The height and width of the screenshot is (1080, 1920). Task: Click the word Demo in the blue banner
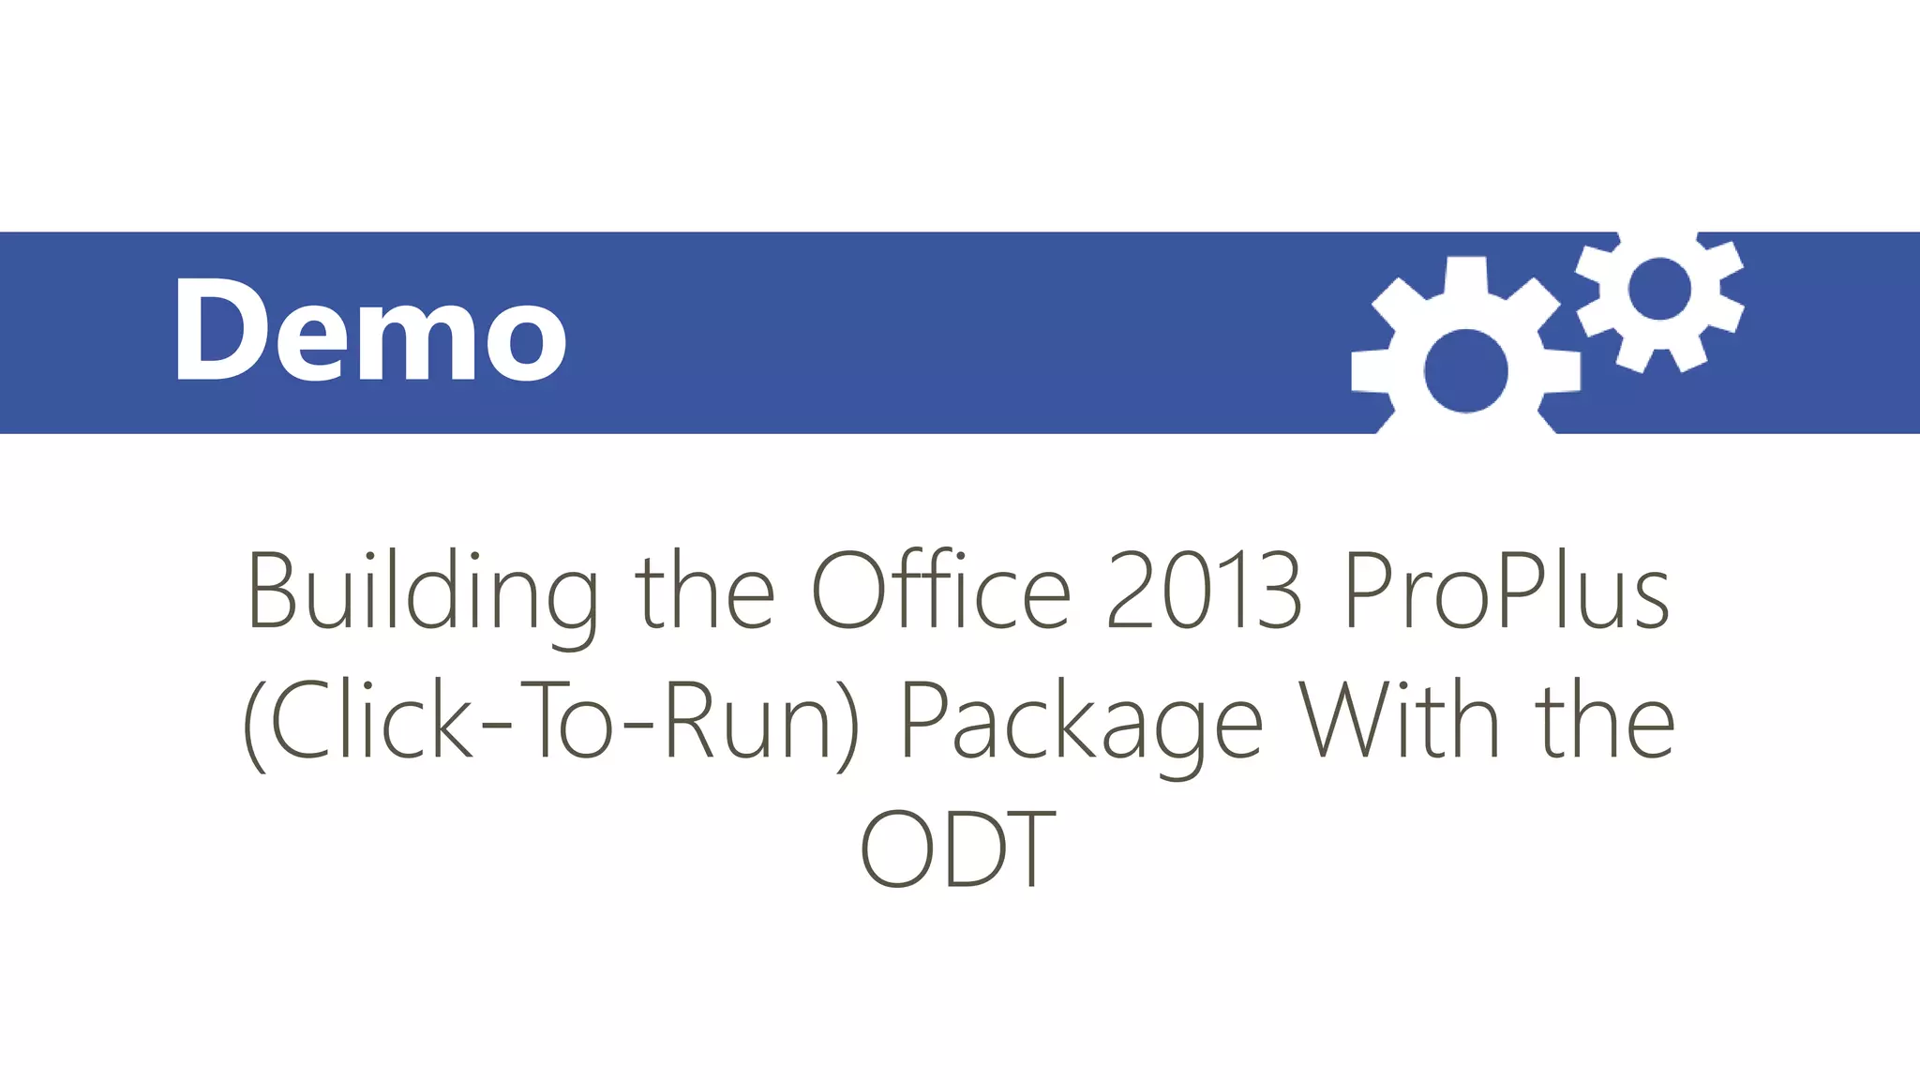(370, 330)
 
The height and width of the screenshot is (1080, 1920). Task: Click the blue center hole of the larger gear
(1466, 370)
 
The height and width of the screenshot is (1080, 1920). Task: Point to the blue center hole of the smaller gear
(1659, 289)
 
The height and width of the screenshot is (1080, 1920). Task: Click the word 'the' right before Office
(705, 591)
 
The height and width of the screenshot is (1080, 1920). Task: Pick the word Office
(940, 591)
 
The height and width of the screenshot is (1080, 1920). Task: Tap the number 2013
(1204, 591)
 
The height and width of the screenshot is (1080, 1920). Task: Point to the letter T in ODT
(1028, 849)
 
